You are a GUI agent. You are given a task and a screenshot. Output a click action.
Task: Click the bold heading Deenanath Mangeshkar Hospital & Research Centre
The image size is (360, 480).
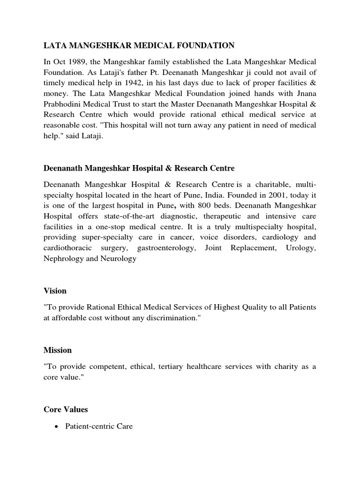139,168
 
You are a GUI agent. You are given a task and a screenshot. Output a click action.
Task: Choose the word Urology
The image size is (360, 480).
300,248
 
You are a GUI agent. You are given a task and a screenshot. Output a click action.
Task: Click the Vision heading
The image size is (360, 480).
55,291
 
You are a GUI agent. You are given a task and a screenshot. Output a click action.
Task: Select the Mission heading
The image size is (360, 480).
58,350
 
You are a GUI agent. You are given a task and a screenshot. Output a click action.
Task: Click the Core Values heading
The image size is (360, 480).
66,409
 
